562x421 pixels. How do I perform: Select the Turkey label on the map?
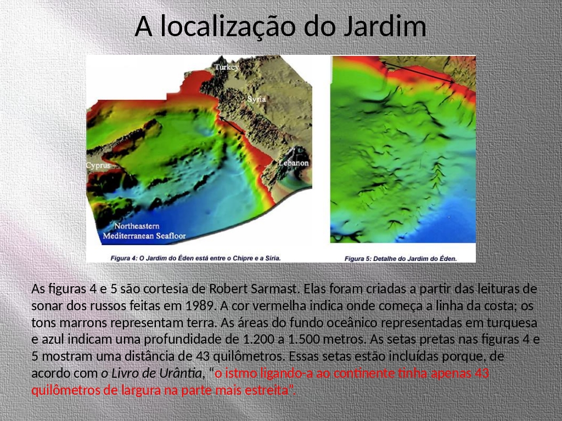point(227,67)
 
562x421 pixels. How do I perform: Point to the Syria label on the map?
point(257,99)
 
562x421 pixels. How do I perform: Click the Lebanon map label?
point(294,163)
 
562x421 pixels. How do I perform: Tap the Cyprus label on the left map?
point(98,166)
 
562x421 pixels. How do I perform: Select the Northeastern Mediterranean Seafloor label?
point(144,231)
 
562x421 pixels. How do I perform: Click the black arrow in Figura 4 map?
point(232,126)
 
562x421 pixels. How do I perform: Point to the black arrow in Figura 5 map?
point(418,73)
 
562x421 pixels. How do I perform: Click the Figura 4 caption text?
point(195,258)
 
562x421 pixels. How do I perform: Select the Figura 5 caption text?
point(401,259)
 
